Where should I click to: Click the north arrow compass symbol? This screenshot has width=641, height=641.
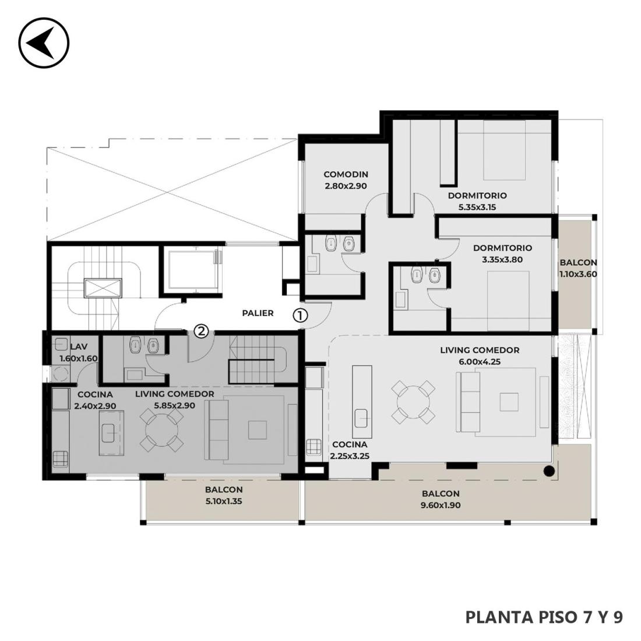44,43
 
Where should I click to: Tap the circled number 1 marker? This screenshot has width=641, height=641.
300,315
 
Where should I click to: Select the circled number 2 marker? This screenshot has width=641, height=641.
200,331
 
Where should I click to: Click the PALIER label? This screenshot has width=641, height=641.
258,313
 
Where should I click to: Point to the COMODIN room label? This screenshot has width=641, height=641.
346,174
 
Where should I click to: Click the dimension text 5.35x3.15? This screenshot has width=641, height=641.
477,207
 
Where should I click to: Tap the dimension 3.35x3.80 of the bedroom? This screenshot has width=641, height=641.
502,259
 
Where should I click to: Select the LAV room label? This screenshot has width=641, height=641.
79,347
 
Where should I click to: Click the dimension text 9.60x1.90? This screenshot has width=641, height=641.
441,505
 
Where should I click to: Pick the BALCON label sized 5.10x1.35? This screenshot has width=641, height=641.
224,489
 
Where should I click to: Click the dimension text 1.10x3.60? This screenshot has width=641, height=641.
578,274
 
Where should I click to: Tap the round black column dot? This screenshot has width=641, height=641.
549,471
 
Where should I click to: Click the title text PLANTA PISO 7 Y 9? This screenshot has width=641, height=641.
544,617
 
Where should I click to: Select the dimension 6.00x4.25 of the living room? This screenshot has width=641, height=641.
480,361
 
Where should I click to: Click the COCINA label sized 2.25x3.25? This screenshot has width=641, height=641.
350,445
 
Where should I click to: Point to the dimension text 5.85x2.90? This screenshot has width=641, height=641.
175,406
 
